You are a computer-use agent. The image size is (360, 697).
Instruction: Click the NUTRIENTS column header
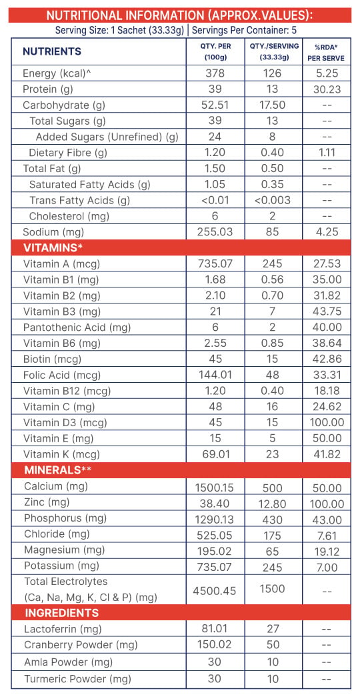52,51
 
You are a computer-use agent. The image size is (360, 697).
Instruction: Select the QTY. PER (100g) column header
215,51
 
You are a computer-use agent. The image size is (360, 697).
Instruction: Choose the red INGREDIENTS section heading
62,613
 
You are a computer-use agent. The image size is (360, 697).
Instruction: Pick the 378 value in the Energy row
215,73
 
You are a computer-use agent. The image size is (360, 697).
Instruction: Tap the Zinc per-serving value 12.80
272,504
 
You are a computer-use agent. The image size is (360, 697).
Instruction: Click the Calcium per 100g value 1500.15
215,488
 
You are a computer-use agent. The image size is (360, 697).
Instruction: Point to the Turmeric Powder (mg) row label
78,679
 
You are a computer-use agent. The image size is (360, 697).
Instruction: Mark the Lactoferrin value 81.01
215,629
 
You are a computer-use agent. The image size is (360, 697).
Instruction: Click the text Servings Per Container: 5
244,31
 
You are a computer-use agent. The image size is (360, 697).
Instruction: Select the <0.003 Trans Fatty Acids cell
272,201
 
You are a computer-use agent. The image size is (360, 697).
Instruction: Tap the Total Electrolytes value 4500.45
215,591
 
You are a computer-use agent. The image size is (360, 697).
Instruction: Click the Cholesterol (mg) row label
69,217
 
